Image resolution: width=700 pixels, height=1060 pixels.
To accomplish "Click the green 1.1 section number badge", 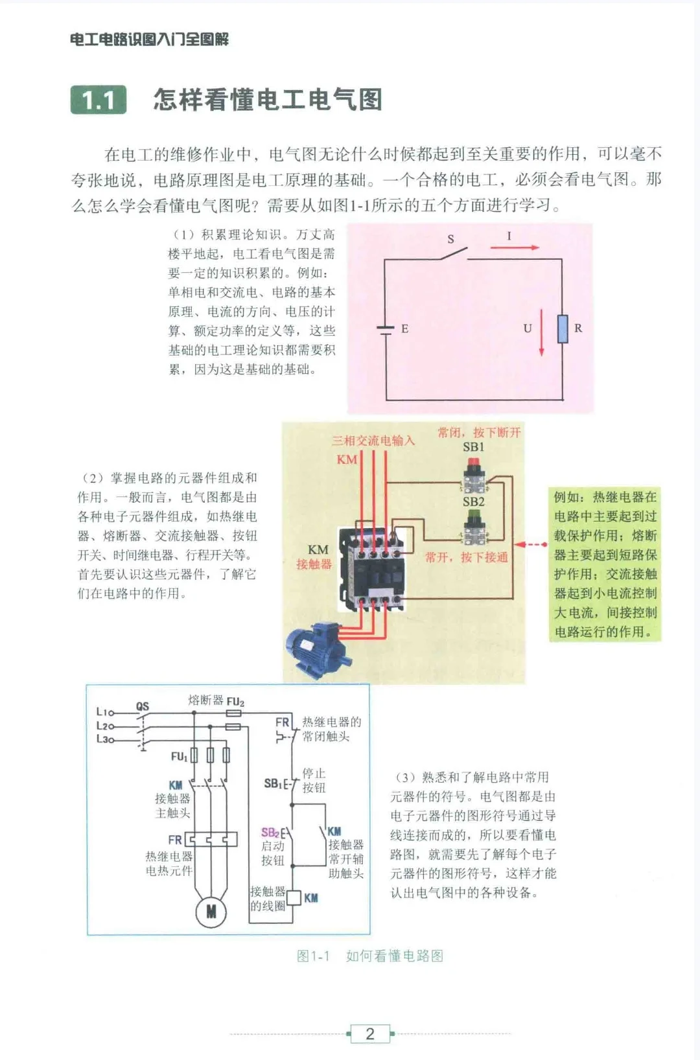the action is [99, 100].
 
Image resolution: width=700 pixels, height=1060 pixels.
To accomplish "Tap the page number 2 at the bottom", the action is [369, 1033].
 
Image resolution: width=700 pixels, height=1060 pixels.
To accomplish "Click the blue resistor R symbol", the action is [563, 328].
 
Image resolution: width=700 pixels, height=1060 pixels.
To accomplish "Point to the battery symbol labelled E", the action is [386, 328].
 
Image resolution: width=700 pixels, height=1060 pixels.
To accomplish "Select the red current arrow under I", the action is [515, 248].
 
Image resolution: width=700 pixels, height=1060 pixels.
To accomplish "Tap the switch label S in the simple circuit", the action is [451, 239].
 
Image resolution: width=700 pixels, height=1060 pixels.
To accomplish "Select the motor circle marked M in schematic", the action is [211, 912].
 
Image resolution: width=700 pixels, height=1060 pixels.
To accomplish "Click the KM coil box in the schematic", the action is [294, 897].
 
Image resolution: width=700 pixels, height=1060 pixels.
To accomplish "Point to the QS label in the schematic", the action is [143, 706].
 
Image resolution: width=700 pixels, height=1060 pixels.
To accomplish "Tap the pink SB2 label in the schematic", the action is [270, 833].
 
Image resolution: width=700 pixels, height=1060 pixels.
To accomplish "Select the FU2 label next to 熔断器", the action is [235, 702].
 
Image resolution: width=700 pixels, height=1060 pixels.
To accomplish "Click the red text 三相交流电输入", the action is [373, 441].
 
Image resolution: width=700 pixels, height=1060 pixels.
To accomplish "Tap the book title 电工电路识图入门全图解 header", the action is [149, 40].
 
